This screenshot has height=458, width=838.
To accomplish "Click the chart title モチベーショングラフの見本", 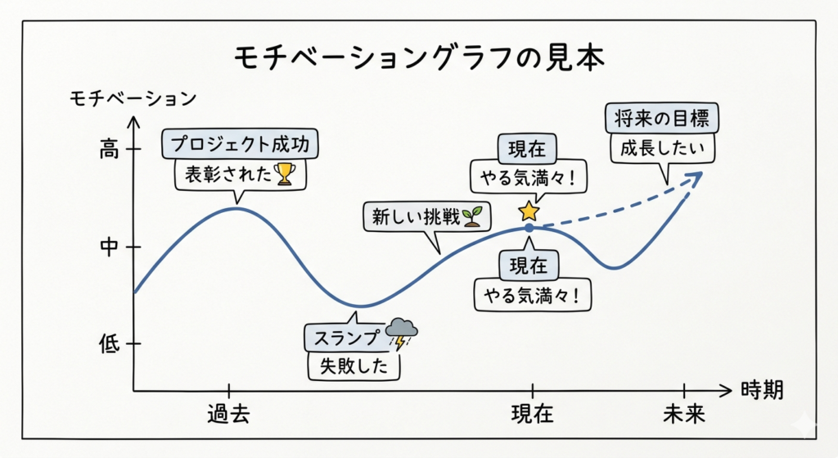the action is coord(420,57).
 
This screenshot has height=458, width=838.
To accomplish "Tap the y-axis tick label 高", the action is coord(109,149).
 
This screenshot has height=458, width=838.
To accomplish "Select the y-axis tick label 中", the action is coord(109,247).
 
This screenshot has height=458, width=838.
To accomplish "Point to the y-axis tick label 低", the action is coord(109,343).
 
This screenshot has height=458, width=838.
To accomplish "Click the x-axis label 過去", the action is coord(229,414).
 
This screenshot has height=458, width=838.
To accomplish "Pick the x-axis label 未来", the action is coord(684,414).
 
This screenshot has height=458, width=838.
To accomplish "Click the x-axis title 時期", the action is coord(762,390).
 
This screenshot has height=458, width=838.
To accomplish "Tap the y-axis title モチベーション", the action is coord(133,98).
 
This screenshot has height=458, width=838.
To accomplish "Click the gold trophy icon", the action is coord(284,174).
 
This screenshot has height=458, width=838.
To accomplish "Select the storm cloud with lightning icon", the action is coord(401,333).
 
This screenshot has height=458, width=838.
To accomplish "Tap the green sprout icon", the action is coord(472,216).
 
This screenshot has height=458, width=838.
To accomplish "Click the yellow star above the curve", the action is coord(529,211).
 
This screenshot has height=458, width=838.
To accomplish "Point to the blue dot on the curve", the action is coord(529,228).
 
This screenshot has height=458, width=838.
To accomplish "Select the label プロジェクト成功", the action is coord(240,144).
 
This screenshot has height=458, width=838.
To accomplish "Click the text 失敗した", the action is coord(354,366).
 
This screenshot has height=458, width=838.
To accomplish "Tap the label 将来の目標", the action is coord(661,118).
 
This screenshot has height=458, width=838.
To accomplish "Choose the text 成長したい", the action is coord(662,147).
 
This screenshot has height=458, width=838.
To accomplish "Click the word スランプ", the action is coord(346,338).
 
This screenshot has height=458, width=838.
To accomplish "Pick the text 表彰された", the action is coord(228,175).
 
